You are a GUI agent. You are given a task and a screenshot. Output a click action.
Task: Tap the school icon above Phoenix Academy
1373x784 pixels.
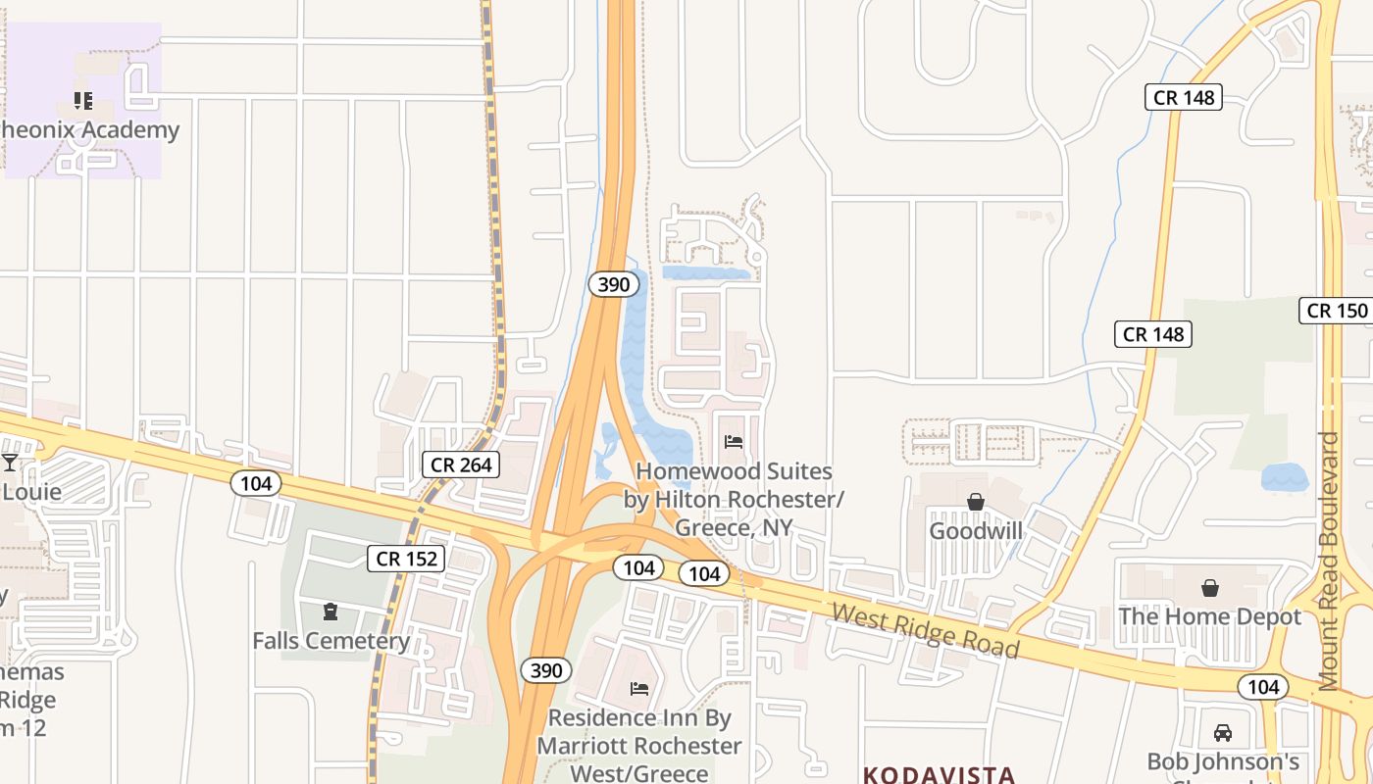[x=83, y=100]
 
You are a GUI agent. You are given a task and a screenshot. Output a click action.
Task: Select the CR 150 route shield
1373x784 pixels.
[x=1336, y=311]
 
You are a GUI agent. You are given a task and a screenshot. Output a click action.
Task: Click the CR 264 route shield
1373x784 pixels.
[x=461, y=464]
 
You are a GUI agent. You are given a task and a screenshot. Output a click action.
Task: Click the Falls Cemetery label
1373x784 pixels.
[x=331, y=641]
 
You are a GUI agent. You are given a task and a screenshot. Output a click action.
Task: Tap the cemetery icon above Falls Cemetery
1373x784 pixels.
[x=331, y=612]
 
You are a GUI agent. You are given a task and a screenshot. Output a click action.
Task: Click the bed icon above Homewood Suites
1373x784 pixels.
[x=734, y=442]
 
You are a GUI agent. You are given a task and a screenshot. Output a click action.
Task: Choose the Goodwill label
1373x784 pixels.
[x=976, y=531]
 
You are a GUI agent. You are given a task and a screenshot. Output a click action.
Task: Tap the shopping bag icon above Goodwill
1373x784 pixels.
[x=976, y=503]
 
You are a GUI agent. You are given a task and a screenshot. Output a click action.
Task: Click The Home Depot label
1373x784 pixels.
[x=1210, y=616]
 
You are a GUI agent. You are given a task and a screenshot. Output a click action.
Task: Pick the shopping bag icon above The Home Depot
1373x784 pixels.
[x=1210, y=588]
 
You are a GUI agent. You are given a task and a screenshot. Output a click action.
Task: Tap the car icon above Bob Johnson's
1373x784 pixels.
[x=1223, y=733]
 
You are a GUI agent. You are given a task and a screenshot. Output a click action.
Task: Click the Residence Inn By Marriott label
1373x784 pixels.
[x=639, y=746]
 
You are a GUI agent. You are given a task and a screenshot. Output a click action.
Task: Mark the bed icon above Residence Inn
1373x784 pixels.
[x=639, y=689]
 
